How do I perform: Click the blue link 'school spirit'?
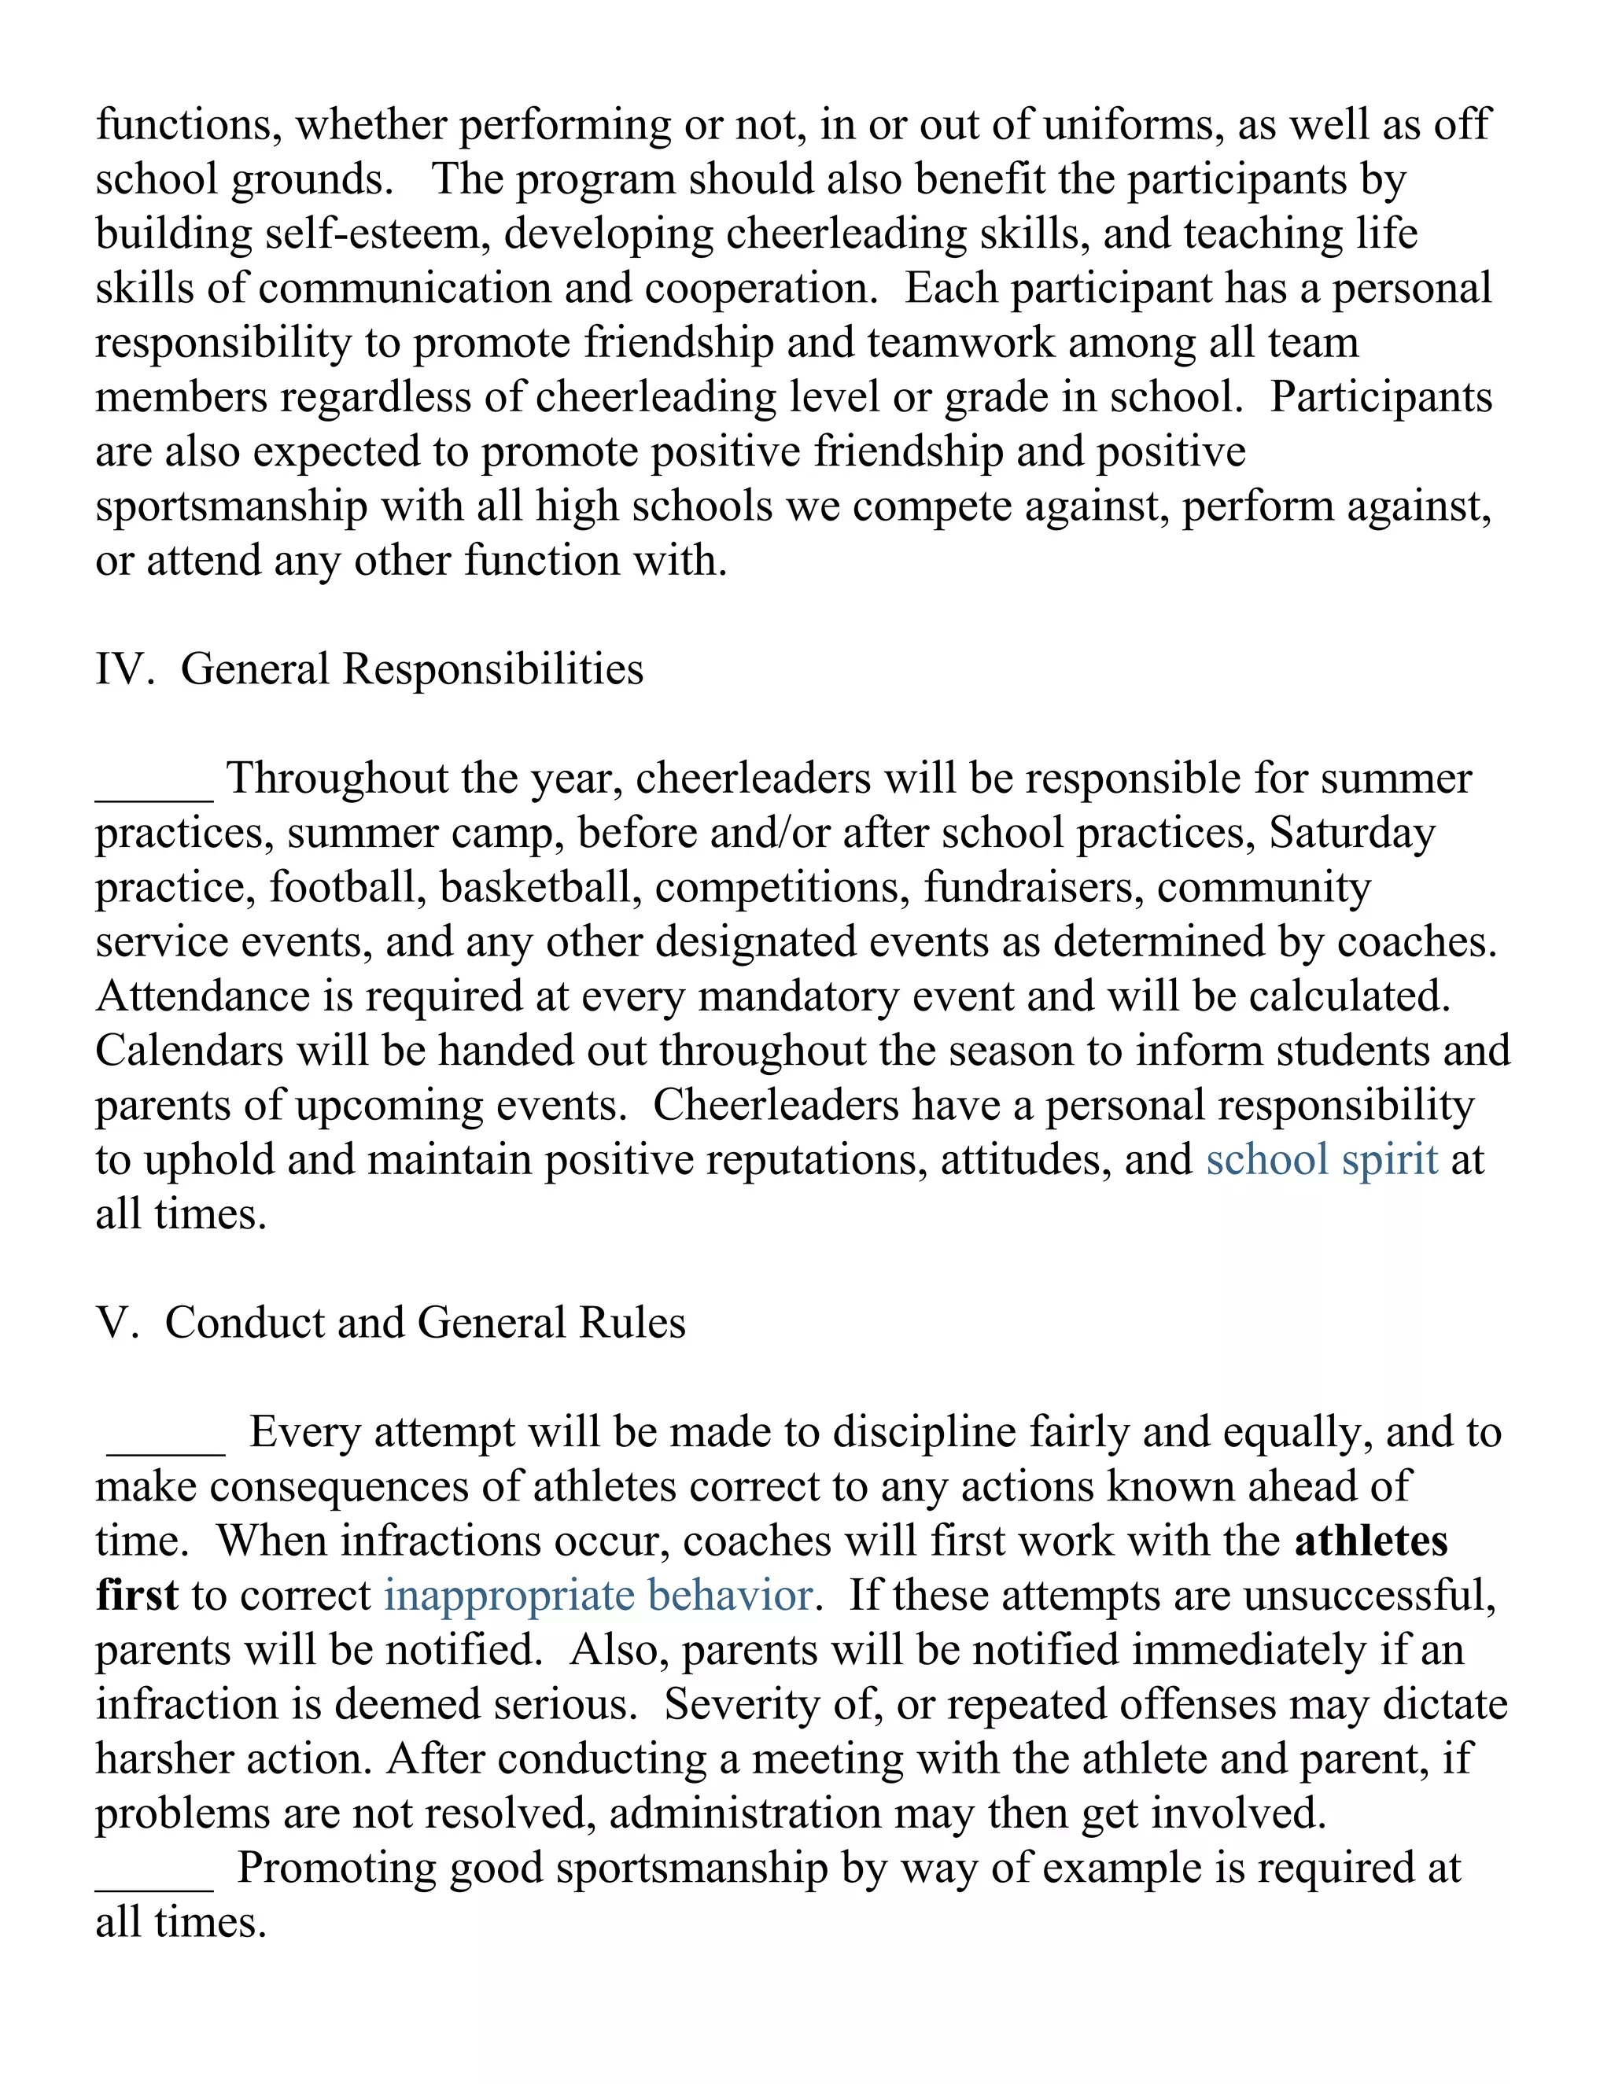click(1321, 1160)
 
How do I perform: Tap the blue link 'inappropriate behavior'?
click(599, 1596)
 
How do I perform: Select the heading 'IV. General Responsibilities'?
click(370, 669)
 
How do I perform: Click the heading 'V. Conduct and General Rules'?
click(390, 1324)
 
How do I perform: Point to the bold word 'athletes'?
click(1370, 1542)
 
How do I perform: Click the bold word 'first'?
click(136, 1596)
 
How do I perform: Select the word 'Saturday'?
click(1351, 833)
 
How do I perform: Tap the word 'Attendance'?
click(202, 997)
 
